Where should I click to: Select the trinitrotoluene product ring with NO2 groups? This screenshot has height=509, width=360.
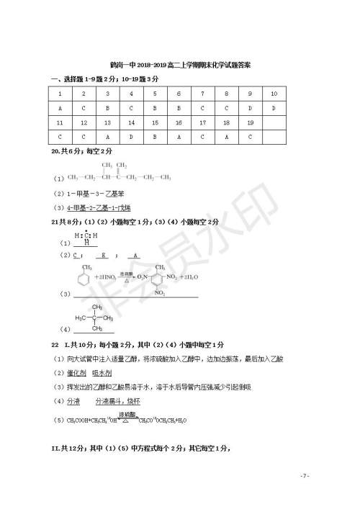[x=159, y=280]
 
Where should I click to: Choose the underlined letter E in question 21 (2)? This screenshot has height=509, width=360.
[x=104, y=256]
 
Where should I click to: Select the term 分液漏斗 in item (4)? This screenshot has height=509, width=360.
[x=107, y=400]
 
